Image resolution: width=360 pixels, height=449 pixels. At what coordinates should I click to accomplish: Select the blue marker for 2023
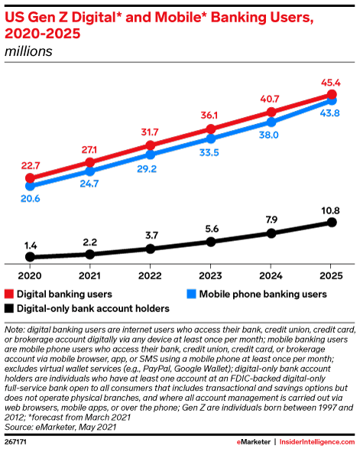(211, 138)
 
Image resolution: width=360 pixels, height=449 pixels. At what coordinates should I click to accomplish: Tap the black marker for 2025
(332, 222)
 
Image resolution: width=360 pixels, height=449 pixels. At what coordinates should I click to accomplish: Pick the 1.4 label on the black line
(31, 244)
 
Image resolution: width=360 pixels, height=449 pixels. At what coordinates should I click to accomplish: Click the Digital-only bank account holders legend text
(93, 308)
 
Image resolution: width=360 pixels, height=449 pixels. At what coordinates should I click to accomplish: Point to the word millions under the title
(29, 52)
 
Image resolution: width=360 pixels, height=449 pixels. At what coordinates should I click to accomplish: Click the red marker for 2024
(271, 112)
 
